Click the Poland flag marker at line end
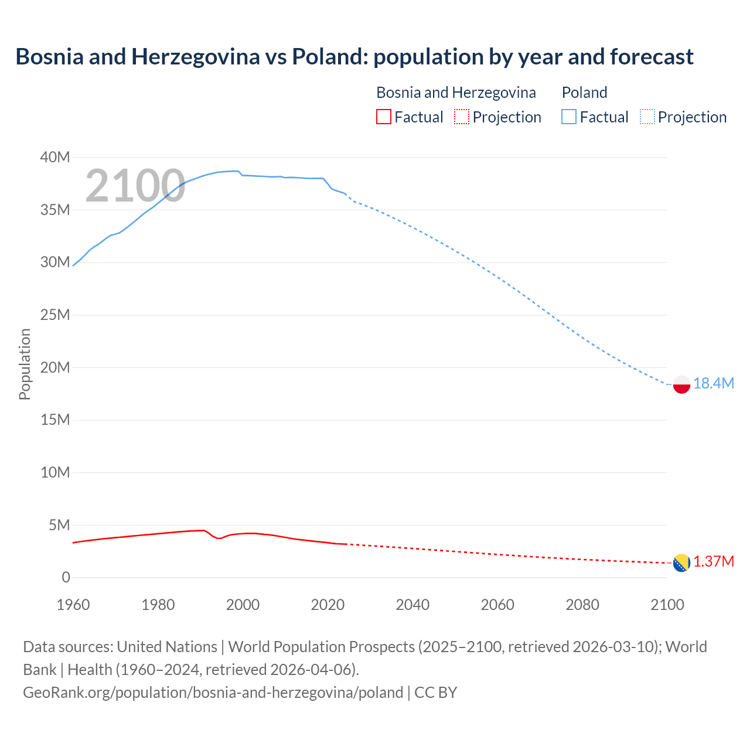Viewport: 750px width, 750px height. (x=681, y=384)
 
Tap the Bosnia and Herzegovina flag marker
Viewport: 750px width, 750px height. (x=681, y=563)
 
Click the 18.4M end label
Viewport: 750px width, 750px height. (x=713, y=383)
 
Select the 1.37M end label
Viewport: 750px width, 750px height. (x=713, y=562)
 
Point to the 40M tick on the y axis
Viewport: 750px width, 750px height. (x=55, y=157)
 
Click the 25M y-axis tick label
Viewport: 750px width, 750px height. (x=55, y=315)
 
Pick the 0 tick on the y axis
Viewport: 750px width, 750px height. (x=66, y=577)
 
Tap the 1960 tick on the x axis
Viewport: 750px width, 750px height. (x=73, y=605)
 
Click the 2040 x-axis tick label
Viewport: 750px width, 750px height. (x=412, y=605)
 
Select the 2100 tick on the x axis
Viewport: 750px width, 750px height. (x=667, y=605)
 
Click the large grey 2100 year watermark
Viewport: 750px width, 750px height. (x=135, y=186)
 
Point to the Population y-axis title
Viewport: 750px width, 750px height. (x=25, y=364)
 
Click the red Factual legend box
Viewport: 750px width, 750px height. (x=383, y=117)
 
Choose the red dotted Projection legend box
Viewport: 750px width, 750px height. (x=462, y=117)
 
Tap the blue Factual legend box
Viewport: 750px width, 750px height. (x=569, y=117)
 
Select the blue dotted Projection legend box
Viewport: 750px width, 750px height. (x=647, y=117)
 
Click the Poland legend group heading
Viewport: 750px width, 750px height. (x=584, y=93)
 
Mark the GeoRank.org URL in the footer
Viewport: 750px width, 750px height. (x=213, y=692)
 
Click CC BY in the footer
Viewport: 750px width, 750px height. (x=435, y=692)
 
